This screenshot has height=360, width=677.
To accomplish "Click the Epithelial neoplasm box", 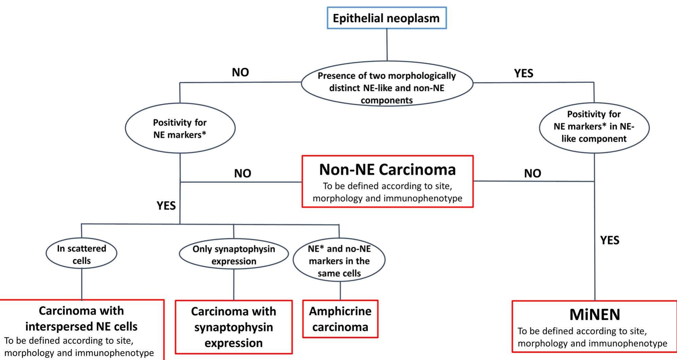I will pos(386,18).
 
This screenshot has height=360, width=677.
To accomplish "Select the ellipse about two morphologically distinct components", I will pos(387,88).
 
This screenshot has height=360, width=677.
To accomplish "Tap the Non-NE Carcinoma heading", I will pos(387,170).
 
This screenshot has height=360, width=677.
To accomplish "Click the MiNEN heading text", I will pos(595,315).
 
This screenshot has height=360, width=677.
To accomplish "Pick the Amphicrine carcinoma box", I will pos(340,319).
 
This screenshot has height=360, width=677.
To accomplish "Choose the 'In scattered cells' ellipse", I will pos(81,254).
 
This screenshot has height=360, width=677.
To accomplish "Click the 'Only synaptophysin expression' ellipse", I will pos(233,255).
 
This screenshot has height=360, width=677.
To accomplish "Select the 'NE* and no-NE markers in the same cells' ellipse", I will pos(339,261).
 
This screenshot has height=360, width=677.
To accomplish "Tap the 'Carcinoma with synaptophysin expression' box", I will pos(233,327).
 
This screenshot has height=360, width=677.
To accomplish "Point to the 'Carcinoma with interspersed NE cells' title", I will pos(81,318).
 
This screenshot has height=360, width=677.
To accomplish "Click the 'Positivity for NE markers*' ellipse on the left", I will pos(180,128).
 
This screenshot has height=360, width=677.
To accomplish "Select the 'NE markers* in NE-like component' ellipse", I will pos(594,126).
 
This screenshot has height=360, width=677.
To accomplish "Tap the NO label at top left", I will pos(240,72).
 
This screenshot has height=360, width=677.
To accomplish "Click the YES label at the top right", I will pos(523,73).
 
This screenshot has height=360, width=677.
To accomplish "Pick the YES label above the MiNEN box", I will pos(610,240).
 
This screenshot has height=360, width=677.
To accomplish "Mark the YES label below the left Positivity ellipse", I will pos(166,206).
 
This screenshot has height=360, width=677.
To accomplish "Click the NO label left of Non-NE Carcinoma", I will pos(242,173).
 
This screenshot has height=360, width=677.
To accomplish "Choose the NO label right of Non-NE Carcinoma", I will pos(532,173).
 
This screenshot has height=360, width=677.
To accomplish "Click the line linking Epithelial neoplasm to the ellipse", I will pos(387,45).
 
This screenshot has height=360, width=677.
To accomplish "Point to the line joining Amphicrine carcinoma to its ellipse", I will pos(340,291).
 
